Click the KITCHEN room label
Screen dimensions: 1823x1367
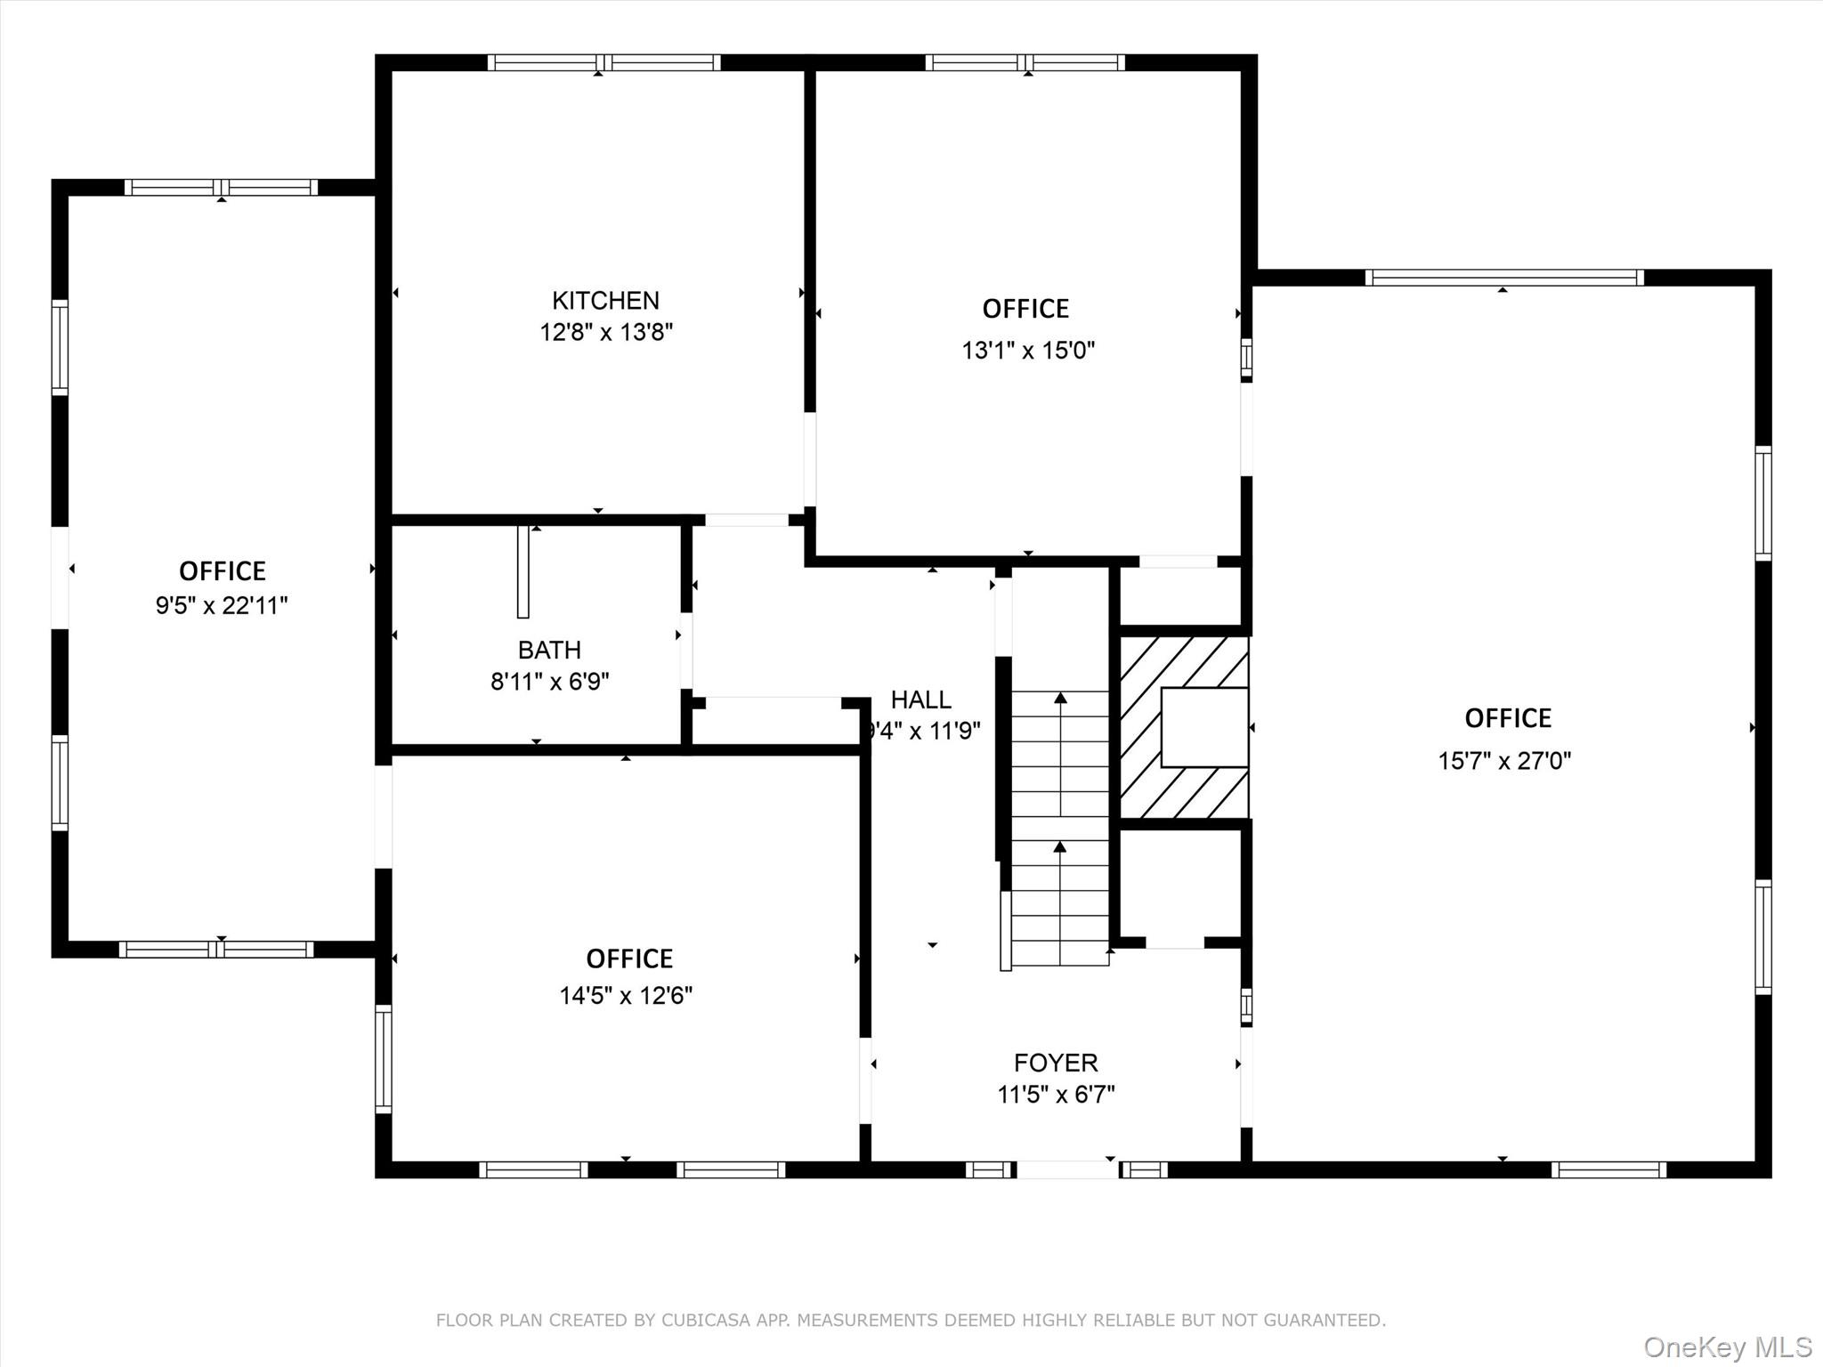(x=605, y=301)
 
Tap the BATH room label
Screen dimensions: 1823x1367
(x=549, y=650)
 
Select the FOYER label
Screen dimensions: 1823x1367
(x=1056, y=1063)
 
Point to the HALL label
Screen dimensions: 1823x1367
(x=920, y=700)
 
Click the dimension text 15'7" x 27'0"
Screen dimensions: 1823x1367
(x=1504, y=761)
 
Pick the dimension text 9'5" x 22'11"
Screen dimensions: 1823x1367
(x=222, y=606)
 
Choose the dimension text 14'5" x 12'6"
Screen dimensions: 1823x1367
(x=626, y=996)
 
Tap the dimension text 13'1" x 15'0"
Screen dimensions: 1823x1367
(x=1028, y=351)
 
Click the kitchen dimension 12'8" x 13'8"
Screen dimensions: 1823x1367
(x=606, y=333)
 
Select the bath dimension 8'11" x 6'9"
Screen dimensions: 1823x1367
(x=550, y=682)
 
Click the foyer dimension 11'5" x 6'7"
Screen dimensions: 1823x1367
(x=1056, y=1095)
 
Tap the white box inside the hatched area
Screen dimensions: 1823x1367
(x=1204, y=727)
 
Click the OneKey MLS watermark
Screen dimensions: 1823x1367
(x=1727, y=1347)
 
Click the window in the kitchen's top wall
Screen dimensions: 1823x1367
(x=604, y=62)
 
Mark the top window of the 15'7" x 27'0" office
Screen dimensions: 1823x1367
(x=1504, y=278)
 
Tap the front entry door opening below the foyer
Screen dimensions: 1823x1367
(x=1067, y=1169)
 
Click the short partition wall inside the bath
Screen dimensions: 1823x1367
(x=523, y=571)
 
